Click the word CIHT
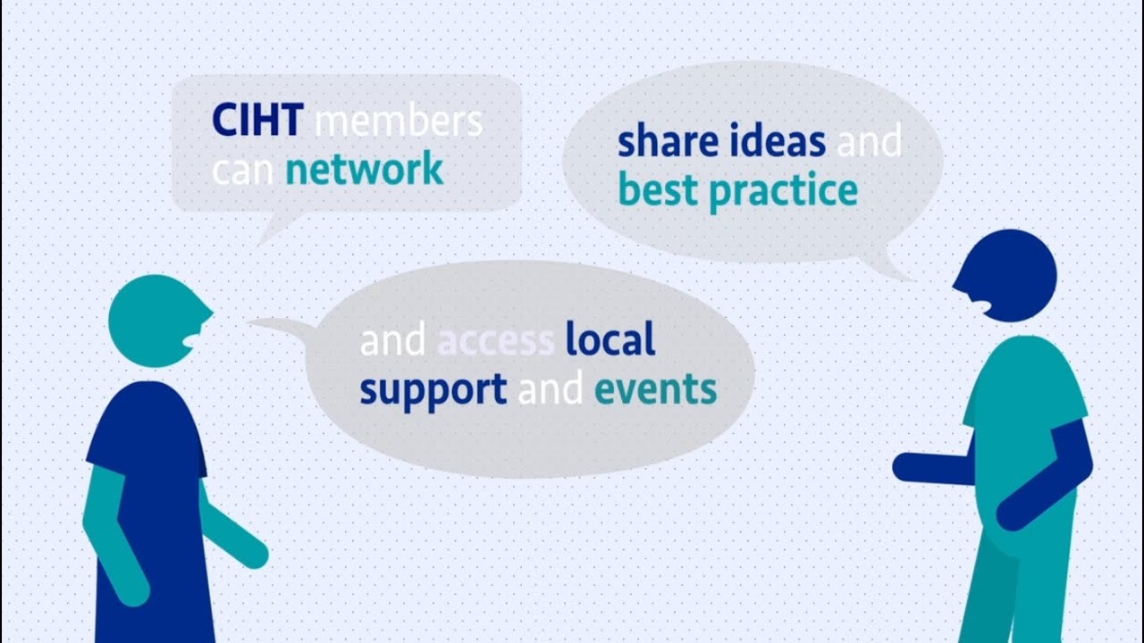click(257, 121)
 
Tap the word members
click(400, 121)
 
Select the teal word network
click(364, 168)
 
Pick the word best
click(658, 190)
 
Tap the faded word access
click(496, 340)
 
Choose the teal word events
click(655, 389)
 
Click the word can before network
click(243, 169)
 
